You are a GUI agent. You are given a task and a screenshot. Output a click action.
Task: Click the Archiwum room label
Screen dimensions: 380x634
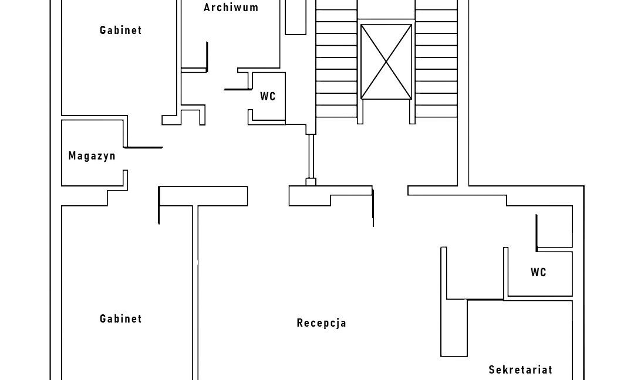click(231, 8)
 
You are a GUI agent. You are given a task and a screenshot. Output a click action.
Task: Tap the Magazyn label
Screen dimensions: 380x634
click(92, 156)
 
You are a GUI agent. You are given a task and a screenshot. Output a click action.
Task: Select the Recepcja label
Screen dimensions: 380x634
click(321, 323)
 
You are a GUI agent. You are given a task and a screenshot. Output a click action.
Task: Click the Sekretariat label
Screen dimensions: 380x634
click(520, 370)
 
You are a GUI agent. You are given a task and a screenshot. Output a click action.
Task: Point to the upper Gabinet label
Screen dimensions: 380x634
click(120, 30)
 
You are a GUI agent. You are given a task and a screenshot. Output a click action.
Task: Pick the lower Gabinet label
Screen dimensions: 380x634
click(120, 319)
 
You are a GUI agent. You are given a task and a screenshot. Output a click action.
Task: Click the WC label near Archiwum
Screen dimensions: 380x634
click(268, 97)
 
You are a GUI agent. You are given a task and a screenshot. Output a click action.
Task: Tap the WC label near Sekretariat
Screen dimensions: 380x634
click(538, 273)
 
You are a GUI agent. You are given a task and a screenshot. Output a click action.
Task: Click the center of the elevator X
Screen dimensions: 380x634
click(386, 62)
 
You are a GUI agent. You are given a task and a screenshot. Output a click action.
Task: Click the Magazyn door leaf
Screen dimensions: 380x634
click(143, 147)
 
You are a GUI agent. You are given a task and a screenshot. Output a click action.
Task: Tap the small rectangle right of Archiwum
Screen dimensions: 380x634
click(295, 17)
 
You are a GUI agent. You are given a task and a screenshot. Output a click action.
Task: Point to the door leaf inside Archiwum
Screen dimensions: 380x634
click(207, 56)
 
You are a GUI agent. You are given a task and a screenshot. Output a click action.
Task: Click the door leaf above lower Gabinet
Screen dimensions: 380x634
click(158, 205)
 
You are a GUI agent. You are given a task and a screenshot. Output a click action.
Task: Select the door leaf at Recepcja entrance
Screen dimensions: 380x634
click(373, 206)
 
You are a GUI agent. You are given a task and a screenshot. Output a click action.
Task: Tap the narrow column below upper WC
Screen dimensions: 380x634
click(311, 157)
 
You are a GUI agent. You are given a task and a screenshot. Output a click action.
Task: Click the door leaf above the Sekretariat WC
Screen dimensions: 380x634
click(537, 232)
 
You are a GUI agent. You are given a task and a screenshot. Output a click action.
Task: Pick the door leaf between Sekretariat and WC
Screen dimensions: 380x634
click(485, 300)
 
